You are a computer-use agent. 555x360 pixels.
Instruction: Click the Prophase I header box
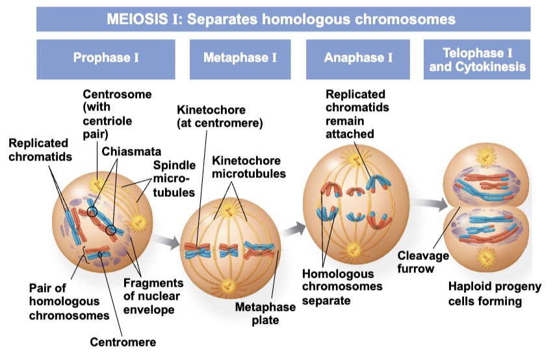pyautogui.click(x=106, y=58)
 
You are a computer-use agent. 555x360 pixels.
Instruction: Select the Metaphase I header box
pyautogui.click(x=240, y=58)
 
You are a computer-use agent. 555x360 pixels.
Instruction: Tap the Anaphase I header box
pyautogui.click(x=358, y=58)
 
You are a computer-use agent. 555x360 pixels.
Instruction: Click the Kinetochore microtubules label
pyautogui.click(x=246, y=167)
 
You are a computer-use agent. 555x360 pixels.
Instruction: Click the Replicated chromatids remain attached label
pyautogui.click(x=355, y=114)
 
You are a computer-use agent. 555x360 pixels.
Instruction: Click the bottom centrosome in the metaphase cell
pyautogui.click(x=228, y=286)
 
